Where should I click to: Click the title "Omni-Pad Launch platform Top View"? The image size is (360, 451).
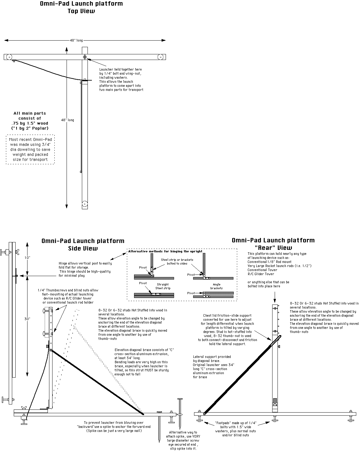pos(81,7)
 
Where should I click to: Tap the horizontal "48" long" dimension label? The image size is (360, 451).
pos(76,40)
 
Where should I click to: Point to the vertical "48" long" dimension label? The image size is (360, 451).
pos(67,120)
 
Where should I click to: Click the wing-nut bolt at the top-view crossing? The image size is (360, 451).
pos(85,57)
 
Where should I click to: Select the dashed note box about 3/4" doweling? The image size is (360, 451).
pos(30,149)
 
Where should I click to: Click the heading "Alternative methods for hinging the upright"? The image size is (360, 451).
pos(165,251)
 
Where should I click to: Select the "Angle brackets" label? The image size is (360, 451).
pos(216,286)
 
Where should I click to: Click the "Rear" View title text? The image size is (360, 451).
pos(273,248)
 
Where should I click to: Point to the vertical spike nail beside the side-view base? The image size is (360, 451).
pos(180,412)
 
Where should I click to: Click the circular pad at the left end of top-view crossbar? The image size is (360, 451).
pos(9,57)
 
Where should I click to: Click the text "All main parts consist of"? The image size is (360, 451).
pos(30,116)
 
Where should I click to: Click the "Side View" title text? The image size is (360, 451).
pos(83,249)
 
